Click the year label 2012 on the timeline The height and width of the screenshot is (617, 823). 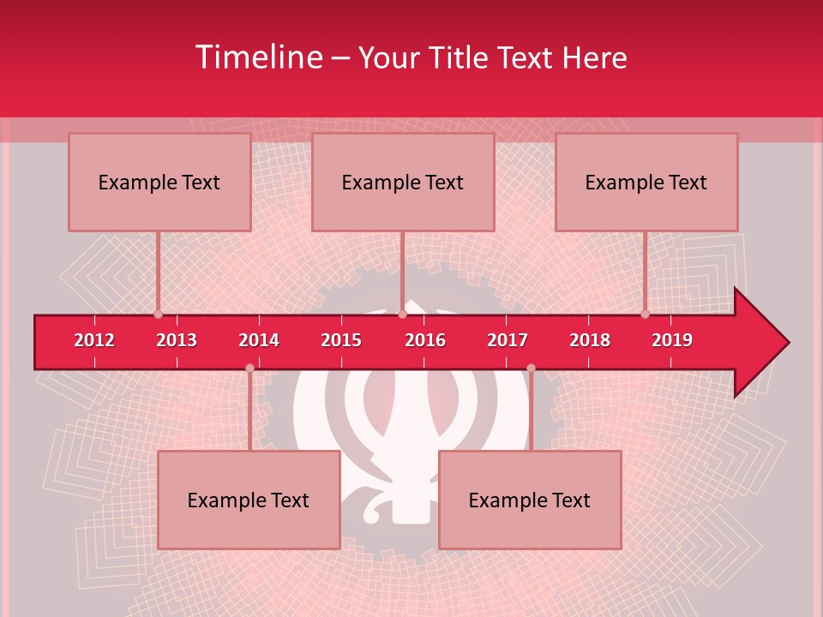coord(94,340)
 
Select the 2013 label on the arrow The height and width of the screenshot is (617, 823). coord(177,340)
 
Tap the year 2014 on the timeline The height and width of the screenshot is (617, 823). coord(259,340)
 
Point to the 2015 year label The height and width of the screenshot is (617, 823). coord(341,340)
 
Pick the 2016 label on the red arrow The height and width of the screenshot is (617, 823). coord(425,340)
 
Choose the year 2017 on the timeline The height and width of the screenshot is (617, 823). coord(508,340)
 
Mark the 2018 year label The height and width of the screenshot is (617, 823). coord(590,340)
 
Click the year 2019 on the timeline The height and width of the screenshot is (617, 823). coord(672,340)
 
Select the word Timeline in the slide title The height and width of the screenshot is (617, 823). coord(257,57)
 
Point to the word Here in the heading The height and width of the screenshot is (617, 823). coord(594,57)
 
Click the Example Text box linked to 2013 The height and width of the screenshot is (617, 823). coord(159,182)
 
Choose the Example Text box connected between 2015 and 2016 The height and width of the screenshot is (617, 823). coord(403,182)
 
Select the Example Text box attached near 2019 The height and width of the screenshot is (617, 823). coord(646,182)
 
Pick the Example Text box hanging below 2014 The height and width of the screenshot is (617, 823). coord(249,500)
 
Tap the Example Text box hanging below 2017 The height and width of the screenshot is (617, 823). coord(530,500)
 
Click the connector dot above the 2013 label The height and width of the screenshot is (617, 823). coord(159,314)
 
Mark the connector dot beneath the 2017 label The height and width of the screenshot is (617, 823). coord(531,368)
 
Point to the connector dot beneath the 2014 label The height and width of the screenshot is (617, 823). coord(249,368)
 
